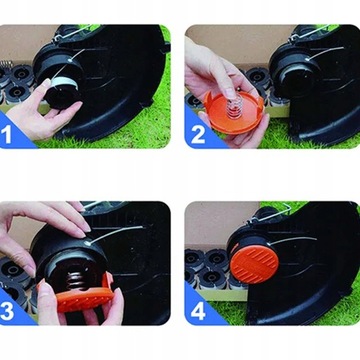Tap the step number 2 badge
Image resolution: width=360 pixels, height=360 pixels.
tap(198, 134)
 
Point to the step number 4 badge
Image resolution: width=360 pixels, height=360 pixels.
tap(198, 310)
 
